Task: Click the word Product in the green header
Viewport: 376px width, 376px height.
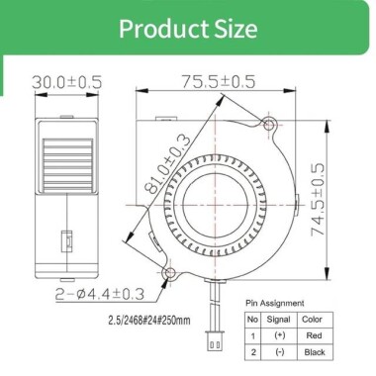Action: coord(161,27)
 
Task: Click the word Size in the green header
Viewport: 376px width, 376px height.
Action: coord(233,27)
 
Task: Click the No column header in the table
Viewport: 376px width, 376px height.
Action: coord(252,320)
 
